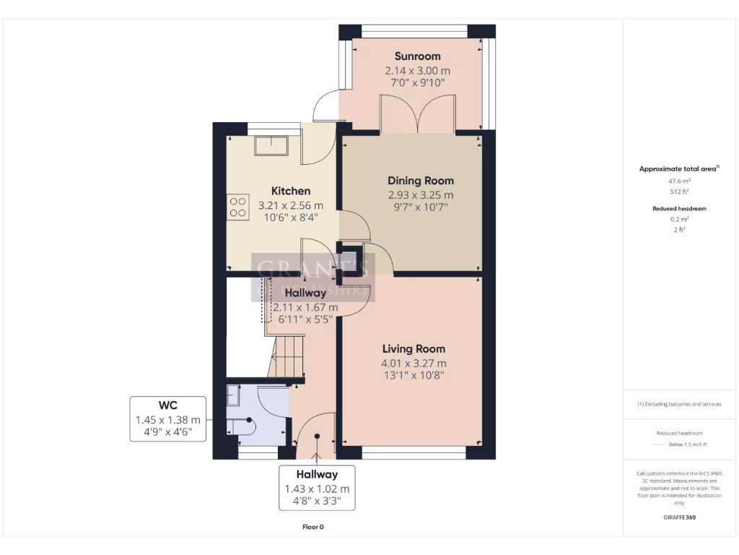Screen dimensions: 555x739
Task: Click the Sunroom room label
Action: (417, 56)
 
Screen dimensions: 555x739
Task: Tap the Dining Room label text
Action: (421, 181)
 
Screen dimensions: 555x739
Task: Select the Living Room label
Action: (414, 349)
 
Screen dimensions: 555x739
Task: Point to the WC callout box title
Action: (168, 405)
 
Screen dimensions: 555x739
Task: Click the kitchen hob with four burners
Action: (237, 207)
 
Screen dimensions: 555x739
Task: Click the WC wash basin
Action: (234, 396)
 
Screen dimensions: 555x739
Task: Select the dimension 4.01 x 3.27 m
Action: (414, 363)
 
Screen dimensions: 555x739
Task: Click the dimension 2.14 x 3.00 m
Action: (417, 71)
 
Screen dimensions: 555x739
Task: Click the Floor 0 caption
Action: (313, 527)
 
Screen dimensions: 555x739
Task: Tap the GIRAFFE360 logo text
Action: (679, 517)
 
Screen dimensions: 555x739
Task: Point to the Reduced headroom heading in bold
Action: (679, 208)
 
